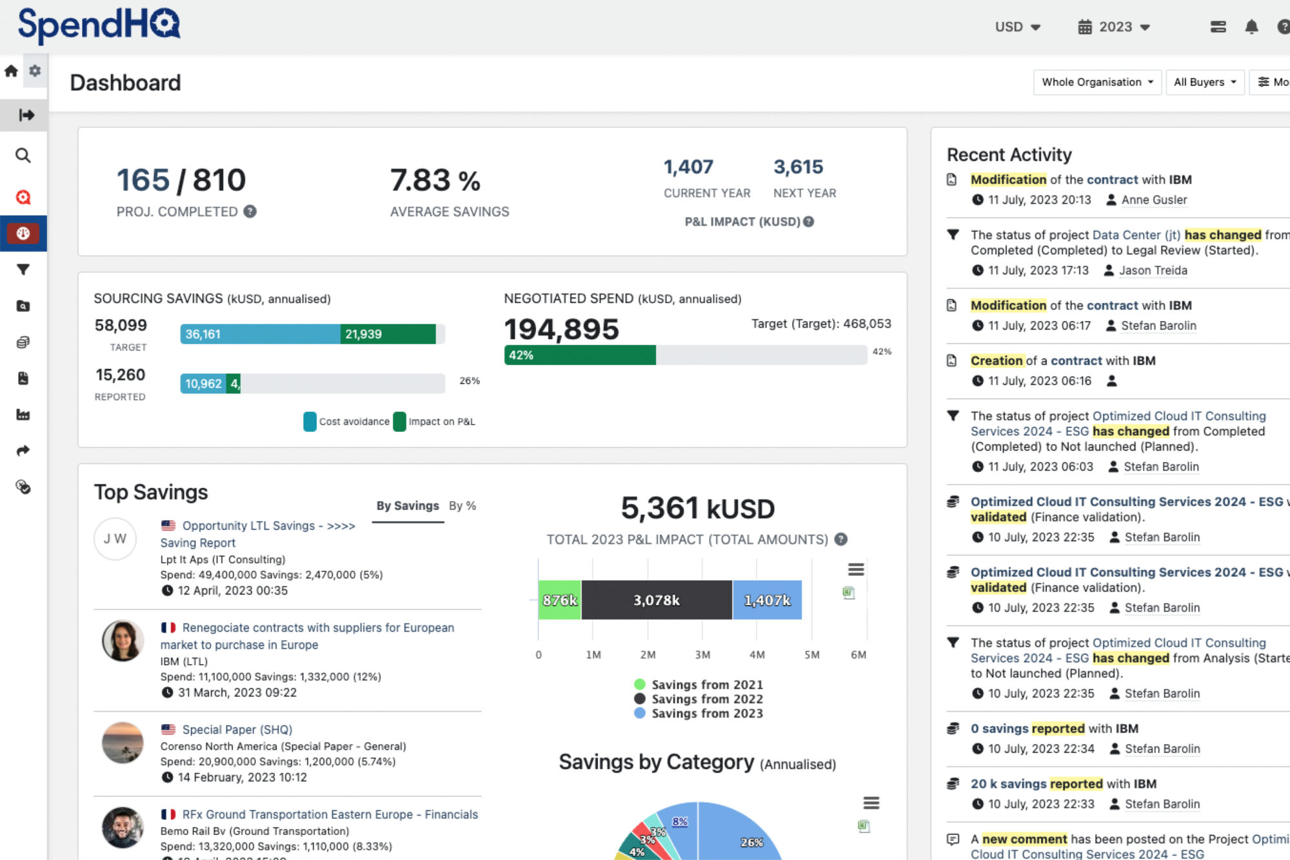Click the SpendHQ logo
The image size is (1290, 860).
point(99,25)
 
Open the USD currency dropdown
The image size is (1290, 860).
point(1018,27)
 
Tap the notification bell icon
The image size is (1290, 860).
point(1251,27)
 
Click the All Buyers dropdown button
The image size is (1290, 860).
point(1205,83)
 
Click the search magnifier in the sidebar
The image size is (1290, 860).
point(23,155)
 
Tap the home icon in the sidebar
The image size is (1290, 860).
point(11,71)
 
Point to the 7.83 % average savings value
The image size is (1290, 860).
point(435,181)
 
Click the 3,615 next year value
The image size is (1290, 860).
point(799,167)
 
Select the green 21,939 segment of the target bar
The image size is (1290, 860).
point(388,334)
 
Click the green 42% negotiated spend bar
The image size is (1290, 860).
point(580,355)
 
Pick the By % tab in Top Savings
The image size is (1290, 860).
point(462,506)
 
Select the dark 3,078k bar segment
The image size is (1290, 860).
point(657,600)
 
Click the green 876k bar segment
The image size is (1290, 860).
point(560,600)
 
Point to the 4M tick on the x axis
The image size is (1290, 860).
point(757,655)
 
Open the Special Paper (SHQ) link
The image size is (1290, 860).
point(237,730)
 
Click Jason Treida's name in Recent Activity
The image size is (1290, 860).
point(1153,271)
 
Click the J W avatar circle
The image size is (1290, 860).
point(115,539)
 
